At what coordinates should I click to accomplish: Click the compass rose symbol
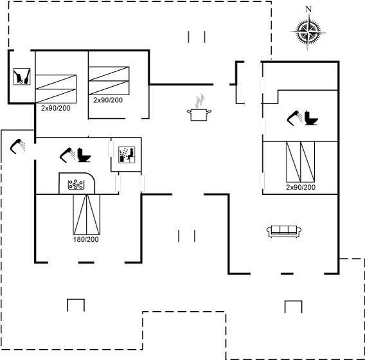click(308, 32)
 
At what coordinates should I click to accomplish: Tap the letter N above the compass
click(308, 9)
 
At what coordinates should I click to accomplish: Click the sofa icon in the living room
click(284, 231)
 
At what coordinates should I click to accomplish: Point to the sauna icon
click(127, 155)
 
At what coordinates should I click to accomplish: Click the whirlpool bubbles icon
click(76, 184)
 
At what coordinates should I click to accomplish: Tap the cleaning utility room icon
click(22, 76)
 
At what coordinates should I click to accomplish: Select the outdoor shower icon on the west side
click(18, 146)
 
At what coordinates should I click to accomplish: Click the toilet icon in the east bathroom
click(312, 118)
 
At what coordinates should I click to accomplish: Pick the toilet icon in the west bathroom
click(84, 155)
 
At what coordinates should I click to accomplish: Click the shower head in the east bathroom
click(294, 118)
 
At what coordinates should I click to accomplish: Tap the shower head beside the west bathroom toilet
click(67, 155)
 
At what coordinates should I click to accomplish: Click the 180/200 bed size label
click(86, 239)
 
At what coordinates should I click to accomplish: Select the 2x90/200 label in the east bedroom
click(301, 187)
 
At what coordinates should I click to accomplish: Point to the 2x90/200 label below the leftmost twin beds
click(56, 108)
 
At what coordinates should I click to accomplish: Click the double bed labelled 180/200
click(87, 214)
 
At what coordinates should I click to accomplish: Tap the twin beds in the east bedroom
click(301, 161)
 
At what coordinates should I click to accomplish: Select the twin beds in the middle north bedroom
click(109, 81)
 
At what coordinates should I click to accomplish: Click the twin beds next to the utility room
click(56, 89)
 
